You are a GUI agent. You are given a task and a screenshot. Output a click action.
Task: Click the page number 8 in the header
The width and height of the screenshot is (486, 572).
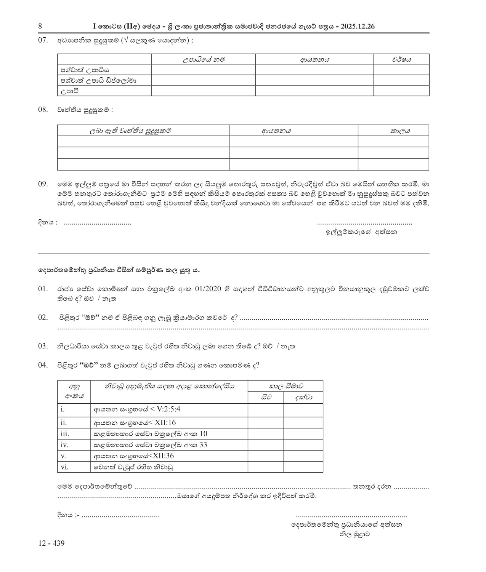pos(40,26)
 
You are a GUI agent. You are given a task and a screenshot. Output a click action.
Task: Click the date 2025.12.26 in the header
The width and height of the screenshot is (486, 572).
pos(358,26)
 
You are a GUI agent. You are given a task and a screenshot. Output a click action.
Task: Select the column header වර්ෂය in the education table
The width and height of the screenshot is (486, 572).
pos(401,59)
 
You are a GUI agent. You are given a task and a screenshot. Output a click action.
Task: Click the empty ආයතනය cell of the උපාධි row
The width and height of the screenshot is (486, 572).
pos(314,91)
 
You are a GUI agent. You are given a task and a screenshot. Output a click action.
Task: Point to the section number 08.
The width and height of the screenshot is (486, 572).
pos(43,110)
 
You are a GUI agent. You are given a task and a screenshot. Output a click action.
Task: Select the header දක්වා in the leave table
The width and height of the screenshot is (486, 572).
pos(303,398)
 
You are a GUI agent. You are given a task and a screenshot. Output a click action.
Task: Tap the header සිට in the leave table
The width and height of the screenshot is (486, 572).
pos(266,398)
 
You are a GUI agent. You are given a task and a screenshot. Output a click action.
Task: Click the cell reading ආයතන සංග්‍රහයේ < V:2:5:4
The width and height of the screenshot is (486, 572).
pos(137,409)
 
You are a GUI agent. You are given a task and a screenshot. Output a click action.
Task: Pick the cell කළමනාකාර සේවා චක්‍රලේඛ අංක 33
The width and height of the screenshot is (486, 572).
pos(150,445)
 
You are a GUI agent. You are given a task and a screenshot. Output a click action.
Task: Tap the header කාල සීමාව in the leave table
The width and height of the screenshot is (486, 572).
pos(286,386)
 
